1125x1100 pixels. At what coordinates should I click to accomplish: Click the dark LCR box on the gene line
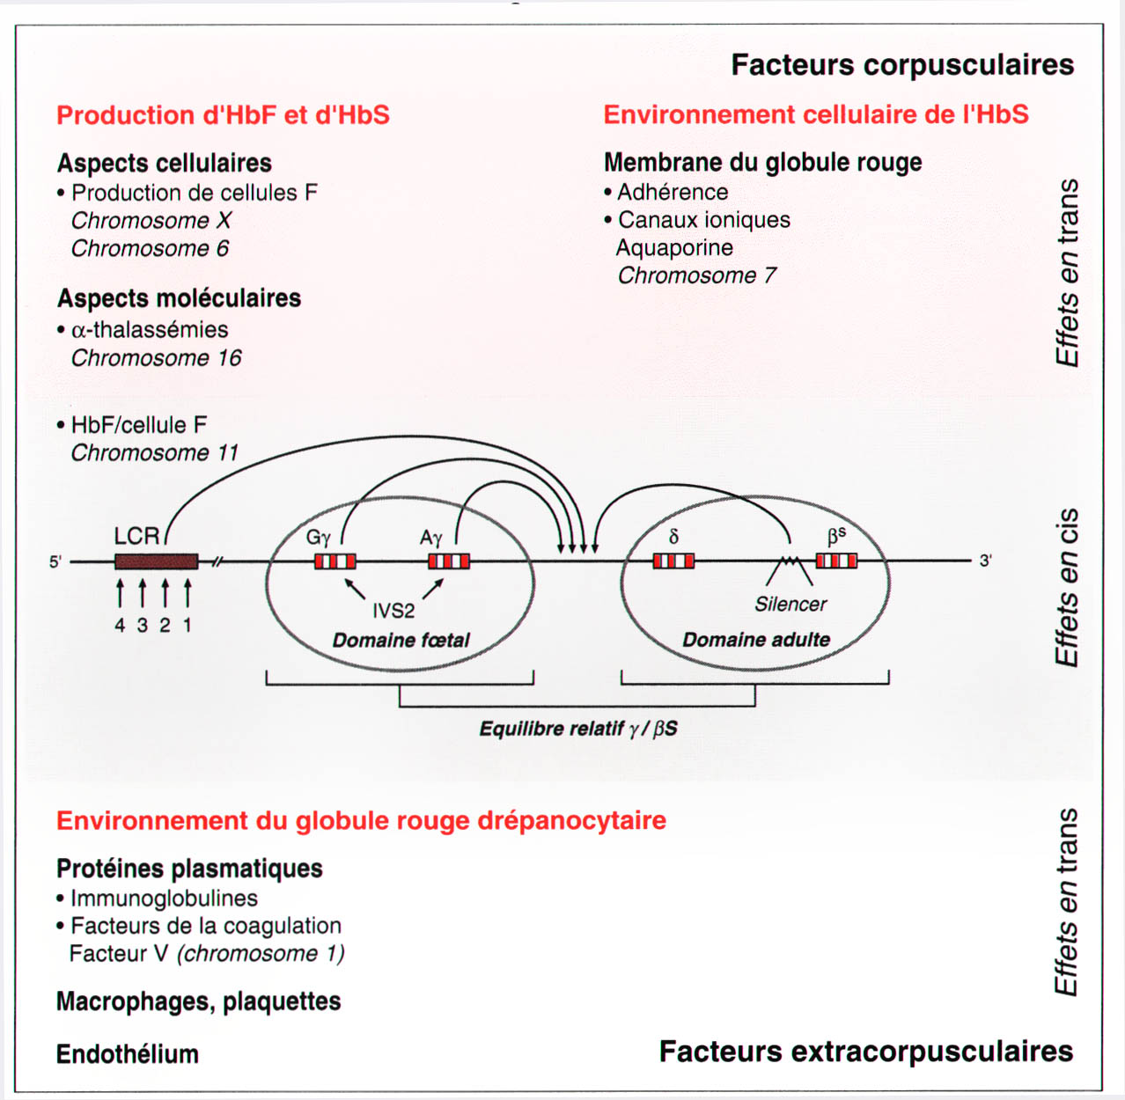point(156,561)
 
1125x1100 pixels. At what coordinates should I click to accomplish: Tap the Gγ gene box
point(335,561)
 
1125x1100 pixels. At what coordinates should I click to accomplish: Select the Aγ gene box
point(449,561)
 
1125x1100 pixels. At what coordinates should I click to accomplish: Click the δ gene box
point(673,561)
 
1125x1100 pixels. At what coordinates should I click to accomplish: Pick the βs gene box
point(836,561)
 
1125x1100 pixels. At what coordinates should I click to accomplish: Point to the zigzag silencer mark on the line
point(790,560)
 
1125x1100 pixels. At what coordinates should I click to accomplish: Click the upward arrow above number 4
point(120,594)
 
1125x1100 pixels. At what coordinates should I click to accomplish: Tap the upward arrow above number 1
point(187,594)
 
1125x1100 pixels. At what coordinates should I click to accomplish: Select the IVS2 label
point(393,611)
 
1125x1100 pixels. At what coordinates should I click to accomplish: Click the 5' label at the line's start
point(55,561)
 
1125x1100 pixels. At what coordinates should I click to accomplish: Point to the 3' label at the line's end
point(986,561)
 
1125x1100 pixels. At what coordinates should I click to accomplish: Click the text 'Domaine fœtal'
point(401,641)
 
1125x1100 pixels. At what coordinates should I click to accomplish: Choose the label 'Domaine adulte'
point(756,640)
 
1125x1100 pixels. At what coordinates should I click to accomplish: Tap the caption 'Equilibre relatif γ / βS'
point(578,729)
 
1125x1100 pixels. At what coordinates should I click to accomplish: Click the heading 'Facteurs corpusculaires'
point(902,64)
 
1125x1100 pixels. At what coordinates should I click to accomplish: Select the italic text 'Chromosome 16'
point(156,358)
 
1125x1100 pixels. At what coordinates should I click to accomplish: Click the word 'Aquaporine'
point(674,248)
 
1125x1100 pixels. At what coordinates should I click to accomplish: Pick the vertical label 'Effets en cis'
point(1067,587)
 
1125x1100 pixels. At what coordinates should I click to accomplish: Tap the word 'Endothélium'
point(127,1054)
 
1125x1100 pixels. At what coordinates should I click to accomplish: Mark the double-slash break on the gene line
point(217,561)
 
